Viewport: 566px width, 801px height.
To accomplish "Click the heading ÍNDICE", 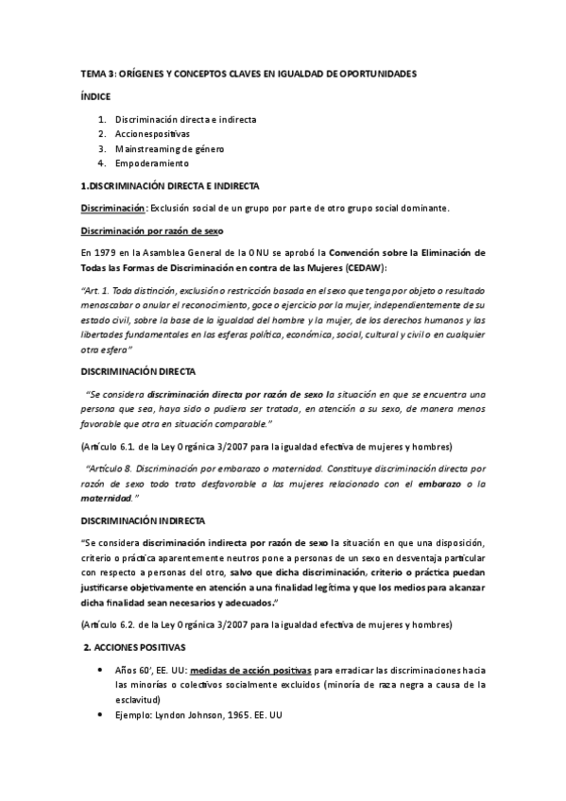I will tap(94, 96).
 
